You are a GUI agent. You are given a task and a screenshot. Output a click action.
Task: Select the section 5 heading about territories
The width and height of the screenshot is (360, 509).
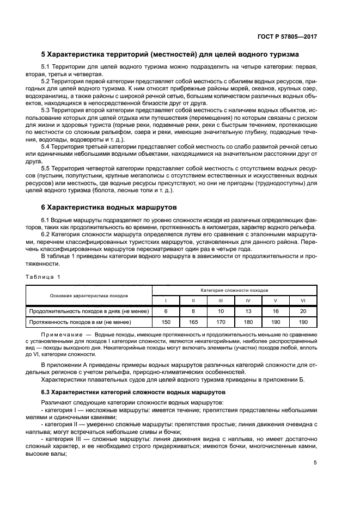tap(169, 54)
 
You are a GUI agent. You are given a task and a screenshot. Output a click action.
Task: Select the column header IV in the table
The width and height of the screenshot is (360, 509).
tap(248, 301)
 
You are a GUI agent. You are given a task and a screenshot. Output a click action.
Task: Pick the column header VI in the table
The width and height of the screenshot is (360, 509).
tap(303, 301)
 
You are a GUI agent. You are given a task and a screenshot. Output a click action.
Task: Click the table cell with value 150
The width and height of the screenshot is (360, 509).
tap(166, 322)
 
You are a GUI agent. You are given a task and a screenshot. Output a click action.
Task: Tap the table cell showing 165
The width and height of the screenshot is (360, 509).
tap(193, 322)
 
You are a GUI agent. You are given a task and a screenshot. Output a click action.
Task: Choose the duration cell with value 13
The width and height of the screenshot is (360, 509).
tap(248, 311)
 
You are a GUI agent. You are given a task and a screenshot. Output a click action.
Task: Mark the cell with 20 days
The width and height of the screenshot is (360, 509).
tap(303, 311)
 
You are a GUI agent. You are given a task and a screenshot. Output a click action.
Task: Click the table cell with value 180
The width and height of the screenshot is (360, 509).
tap(248, 322)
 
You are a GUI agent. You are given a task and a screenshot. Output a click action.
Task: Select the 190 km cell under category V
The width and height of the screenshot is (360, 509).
tap(276, 322)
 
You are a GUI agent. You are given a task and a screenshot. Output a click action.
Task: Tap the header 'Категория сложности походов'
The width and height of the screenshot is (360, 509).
tap(234, 290)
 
